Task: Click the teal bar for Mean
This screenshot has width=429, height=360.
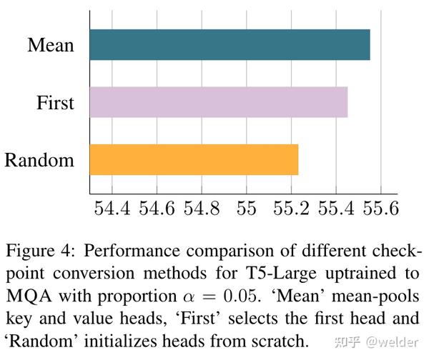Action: pyautogui.click(x=230, y=45)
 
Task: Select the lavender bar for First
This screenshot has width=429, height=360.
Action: pyautogui.click(x=218, y=102)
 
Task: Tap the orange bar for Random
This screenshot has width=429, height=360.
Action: pyautogui.click(x=194, y=159)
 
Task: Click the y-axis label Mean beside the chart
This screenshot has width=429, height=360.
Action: pyautogui.click(x=51, y=46)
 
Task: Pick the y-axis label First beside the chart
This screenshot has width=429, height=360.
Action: pyautogui.click(x=55, y=103)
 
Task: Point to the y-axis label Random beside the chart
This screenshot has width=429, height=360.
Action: pyautogui.click(x=39, y=160)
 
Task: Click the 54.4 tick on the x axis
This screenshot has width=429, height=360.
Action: pyautogui.click(x=112, y=209)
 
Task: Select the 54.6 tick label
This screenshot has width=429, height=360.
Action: pyautogui.click(x=157, y=209)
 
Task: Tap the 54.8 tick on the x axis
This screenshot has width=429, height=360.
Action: pyautogui.click(x=202, y=209)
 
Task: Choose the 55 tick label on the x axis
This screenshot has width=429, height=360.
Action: pyautogui.click(x=246, y=209)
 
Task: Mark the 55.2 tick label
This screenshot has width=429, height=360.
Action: pyautogui.click(x=290, y=209)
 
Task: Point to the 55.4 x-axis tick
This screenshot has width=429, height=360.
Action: pyautogui.click(x=335, y=209)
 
